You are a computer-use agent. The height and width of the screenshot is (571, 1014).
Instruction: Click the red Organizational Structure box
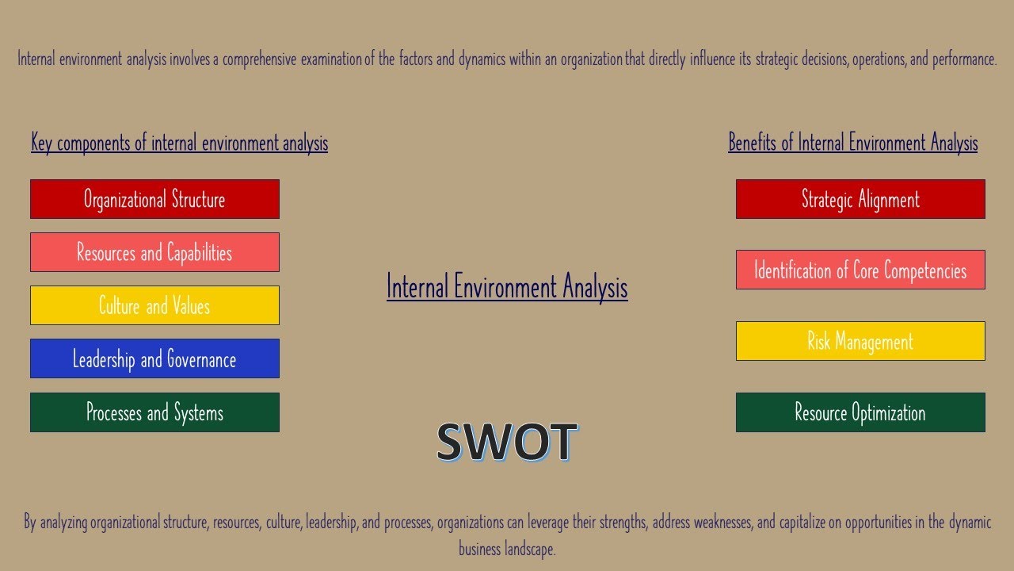[x=154, y=199]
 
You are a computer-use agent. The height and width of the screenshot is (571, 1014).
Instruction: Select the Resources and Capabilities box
[x=154, y=252]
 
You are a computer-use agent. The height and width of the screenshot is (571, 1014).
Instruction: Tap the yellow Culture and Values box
[x=154, y=305]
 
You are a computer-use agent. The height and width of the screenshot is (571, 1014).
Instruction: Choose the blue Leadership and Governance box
[x=154, y=358]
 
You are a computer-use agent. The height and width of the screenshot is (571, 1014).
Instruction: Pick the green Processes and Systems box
[x=154, y=412]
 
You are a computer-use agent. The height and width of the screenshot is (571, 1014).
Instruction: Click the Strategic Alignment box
[x=860, y=199]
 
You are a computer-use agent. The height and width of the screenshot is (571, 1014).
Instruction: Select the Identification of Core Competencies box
[x=860, y=270]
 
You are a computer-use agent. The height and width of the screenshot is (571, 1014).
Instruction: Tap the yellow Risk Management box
[x=860, y=341]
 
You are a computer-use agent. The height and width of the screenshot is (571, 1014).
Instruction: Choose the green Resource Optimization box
[x=860, y=412]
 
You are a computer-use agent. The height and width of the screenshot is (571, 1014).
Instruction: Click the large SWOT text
[x=506, y=442]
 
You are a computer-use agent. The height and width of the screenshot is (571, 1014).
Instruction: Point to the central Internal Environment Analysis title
[x=507, y=286]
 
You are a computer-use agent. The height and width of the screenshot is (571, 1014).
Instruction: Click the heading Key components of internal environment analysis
[x=179, y=143]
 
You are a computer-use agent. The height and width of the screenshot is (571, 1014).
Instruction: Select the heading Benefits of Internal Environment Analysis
[x=852, y=143]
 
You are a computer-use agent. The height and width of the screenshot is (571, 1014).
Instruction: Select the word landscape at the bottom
[x=530, y=549]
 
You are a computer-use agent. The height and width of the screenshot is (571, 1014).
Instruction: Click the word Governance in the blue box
[x=201, y=359]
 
